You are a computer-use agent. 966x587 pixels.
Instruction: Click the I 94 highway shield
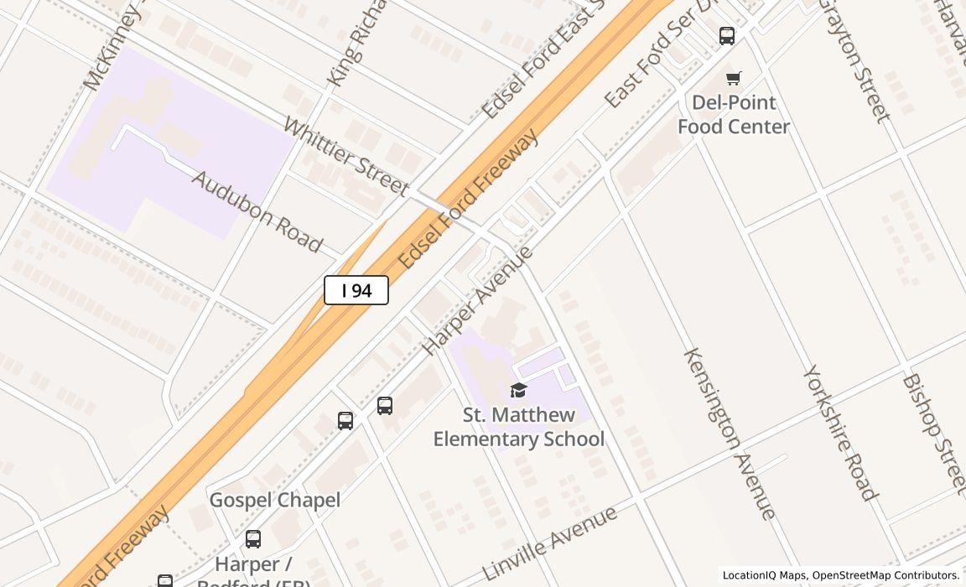click(x=356, y=290)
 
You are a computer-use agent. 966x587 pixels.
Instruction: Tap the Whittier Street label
click(x=345, y=158)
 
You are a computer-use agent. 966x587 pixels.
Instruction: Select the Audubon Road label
click(x=257, y=211)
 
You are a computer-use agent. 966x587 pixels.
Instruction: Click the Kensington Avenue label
click(x=730, y=434)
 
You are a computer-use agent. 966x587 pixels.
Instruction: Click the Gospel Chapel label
click(x=274, y=500)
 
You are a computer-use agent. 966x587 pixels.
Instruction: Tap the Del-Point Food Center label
click(x=734, y=114)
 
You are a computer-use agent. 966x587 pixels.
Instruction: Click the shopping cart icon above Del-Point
click(x=734, y=79)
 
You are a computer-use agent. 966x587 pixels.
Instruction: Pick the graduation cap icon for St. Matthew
click(x=518, y=390)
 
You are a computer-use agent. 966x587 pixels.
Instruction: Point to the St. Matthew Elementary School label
click(x=518, y=427)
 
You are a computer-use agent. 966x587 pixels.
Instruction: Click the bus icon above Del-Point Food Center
click(x=727, y=36)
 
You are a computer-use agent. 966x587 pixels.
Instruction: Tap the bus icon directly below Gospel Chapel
click(x=253, y=539)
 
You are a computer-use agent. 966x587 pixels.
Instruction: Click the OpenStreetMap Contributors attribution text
click(x=885, y=575)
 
